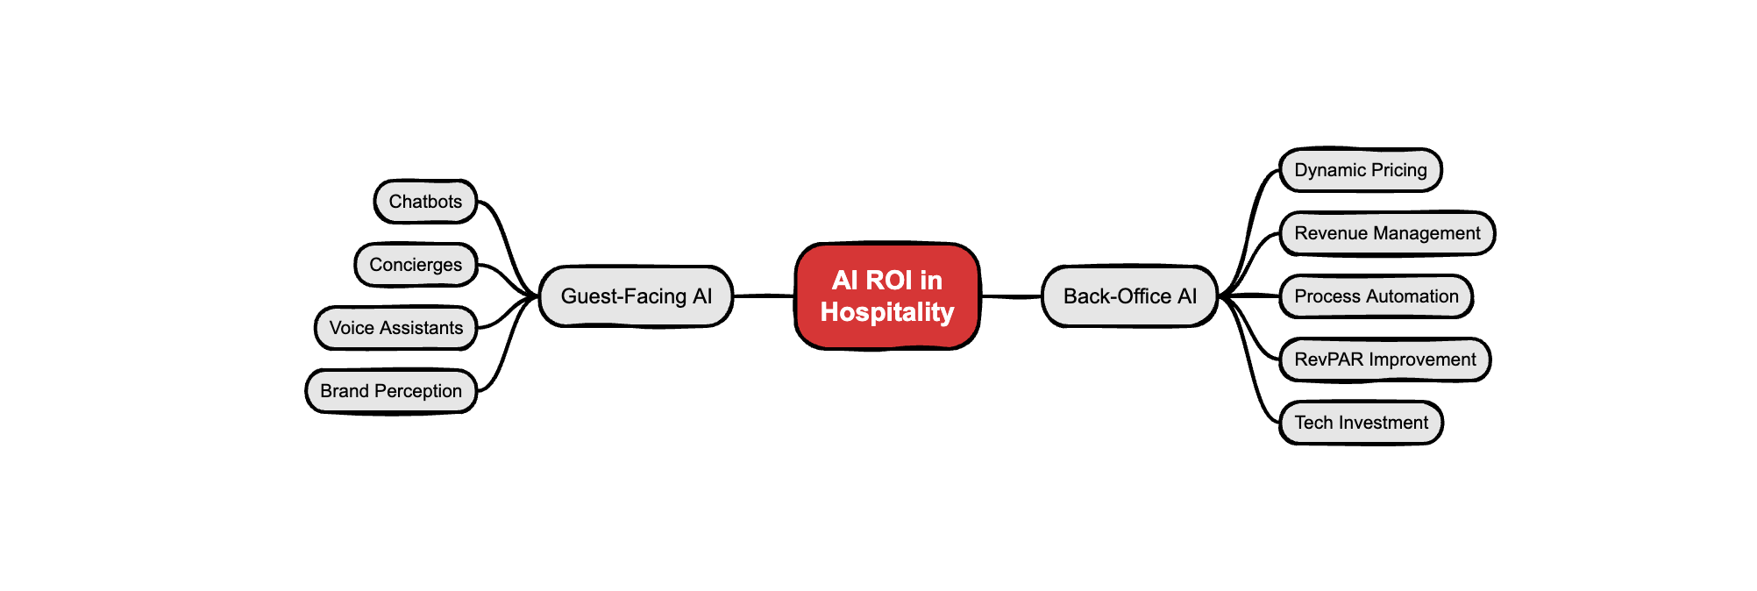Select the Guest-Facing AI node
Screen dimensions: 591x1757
[636, 296]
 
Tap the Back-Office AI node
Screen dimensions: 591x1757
[1129, 296]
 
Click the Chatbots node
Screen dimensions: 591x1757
[425, 202]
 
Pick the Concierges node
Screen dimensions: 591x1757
[416, 265]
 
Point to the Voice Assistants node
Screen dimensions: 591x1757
[395, 328]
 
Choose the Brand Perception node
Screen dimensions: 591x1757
[391, 391]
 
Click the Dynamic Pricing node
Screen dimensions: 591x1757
[1361, 170]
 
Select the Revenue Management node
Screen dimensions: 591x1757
[1387, 233]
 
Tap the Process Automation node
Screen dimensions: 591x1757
[1376, 296]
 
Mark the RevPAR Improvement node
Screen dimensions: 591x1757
[1384, 360]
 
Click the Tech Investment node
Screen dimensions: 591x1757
[1361, 423]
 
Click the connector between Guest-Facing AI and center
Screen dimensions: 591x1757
[764, 296]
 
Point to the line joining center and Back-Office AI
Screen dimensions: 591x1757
[1010, 296]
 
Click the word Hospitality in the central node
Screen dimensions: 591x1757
[886, 312]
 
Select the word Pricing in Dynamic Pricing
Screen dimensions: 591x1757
[1399, 170]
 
